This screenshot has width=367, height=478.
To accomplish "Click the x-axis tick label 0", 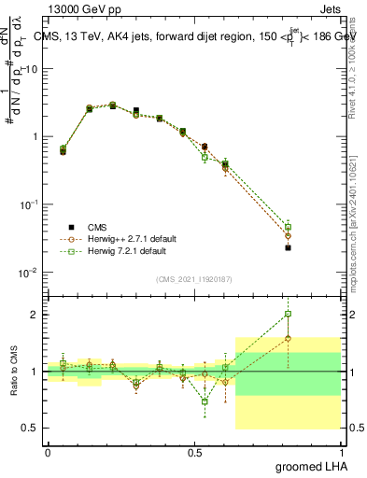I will (x=48, y=451).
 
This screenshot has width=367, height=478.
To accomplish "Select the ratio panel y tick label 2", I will (x=35, y=315).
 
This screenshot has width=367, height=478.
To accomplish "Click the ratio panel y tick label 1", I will (x=35, y=372).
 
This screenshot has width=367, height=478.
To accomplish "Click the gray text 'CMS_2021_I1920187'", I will (x=193, y=279).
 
